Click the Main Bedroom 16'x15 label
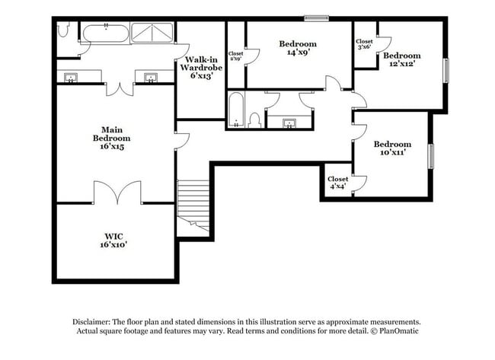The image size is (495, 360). tap(112, 138)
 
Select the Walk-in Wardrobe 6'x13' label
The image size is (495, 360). tap(200, 67)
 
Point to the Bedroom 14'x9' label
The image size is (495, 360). tap(297, 48)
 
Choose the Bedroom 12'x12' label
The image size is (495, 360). tap(401, 59)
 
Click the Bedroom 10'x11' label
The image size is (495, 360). tap(391, 148)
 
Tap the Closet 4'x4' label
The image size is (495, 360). tap(338, 183)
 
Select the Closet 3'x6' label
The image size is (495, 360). tap(364, 43)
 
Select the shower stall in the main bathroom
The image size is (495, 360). tap(152, 33)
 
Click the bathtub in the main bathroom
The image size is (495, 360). tap(105, 33)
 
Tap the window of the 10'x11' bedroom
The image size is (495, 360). tap(430, 155)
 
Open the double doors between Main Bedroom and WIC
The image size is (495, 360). tap(117, 195)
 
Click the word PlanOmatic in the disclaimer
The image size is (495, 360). tap(398, 332)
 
